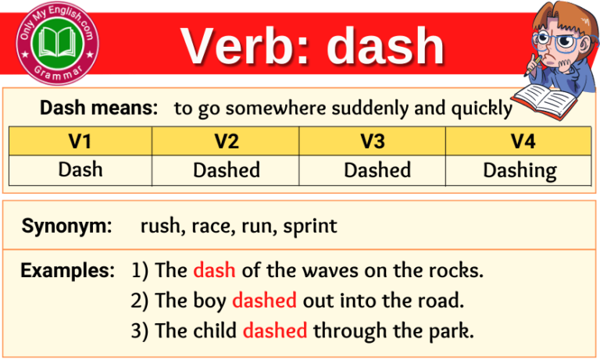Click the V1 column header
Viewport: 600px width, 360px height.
80,141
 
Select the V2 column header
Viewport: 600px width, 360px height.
227,141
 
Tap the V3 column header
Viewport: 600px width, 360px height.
373,141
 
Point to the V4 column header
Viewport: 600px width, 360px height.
520,141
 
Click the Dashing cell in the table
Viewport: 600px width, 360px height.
520,169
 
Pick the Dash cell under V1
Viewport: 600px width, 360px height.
80,169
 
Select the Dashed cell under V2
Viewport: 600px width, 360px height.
227,169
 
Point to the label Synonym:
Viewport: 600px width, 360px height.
67,226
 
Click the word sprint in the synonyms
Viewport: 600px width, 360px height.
309,227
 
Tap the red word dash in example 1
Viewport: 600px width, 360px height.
214,271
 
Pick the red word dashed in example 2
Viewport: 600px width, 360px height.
264,301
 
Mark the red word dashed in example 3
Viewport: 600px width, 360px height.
275,330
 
